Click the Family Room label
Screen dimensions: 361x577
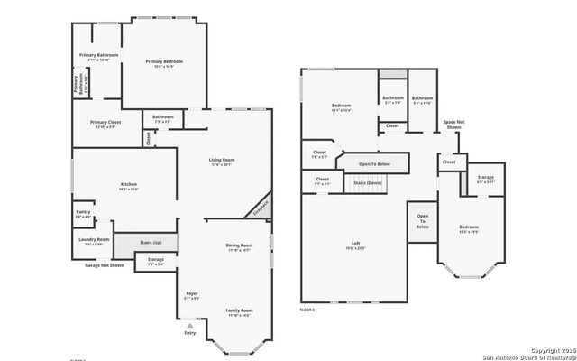[x=239, y=312]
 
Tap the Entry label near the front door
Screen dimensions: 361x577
[x=190, y=333]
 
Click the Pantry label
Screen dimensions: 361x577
[x=82, y=214]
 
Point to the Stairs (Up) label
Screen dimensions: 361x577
[x=151, y=243]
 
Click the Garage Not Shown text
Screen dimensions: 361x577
[x=105, y=266]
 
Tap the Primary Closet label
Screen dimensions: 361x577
[x=105, y=124]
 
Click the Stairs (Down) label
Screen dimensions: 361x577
[x=367, y=182]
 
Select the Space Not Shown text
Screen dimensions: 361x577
[x=453, y=125]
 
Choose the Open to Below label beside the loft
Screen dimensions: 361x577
[x=422, y=221]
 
